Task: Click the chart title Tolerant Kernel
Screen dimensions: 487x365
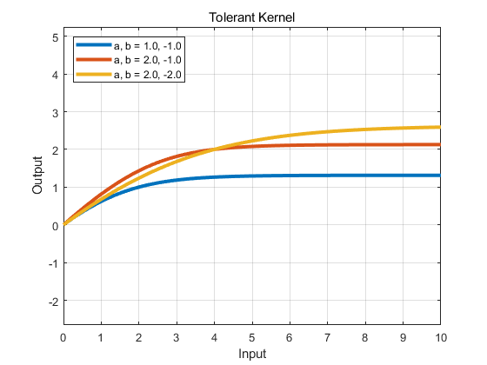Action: click(251, 17)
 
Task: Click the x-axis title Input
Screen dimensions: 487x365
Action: click(252, 354)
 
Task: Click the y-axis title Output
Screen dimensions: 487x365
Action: click(37, 176)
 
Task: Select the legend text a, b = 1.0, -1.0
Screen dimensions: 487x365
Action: click(148, 46)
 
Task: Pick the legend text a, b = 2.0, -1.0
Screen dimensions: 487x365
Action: click(148, 60)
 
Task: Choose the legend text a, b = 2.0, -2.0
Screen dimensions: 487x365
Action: click(148, 75)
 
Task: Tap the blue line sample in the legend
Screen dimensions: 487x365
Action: click(94, 44)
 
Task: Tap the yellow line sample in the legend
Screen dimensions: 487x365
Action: click(94, 74)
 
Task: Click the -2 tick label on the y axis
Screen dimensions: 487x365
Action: click(53, 302)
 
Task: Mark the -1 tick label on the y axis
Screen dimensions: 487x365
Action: click(53, 264)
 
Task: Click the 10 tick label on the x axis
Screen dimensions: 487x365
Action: click(441, 337)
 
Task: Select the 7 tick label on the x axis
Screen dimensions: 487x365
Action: click(327, 337)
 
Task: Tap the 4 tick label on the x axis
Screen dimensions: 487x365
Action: click(214, 337)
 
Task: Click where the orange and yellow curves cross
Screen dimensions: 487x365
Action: click(214, 149)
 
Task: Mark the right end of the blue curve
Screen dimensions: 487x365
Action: click(440, 176)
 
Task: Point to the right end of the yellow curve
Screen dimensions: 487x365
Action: click(440, 127)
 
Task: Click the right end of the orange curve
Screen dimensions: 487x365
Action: click(440, 144)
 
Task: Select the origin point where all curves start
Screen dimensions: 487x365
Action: click(64, 224)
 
